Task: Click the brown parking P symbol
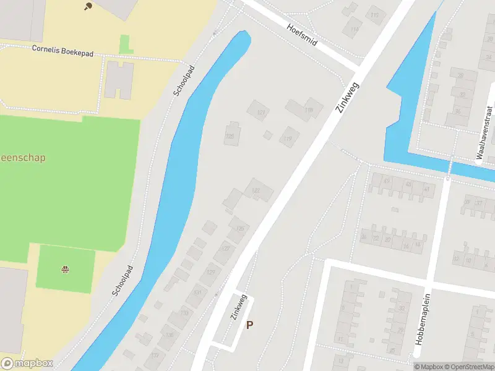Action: (x=250, y=325)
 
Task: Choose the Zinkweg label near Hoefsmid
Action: (x=348, y=96)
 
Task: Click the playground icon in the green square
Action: (x=65, y=269)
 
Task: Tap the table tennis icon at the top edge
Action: (x=87, y=6)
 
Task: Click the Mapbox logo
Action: (x=27, y=364)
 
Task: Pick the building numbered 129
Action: (x=210, y=273)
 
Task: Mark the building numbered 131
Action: (x=197, y=293)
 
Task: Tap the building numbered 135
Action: (x=170, y=335)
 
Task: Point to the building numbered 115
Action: (x=374, y=15)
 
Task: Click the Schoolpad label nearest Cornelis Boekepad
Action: (x=185, y=80)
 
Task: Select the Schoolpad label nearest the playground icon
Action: (x=123, y=280)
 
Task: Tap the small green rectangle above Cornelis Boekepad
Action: (x=126, y=43)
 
